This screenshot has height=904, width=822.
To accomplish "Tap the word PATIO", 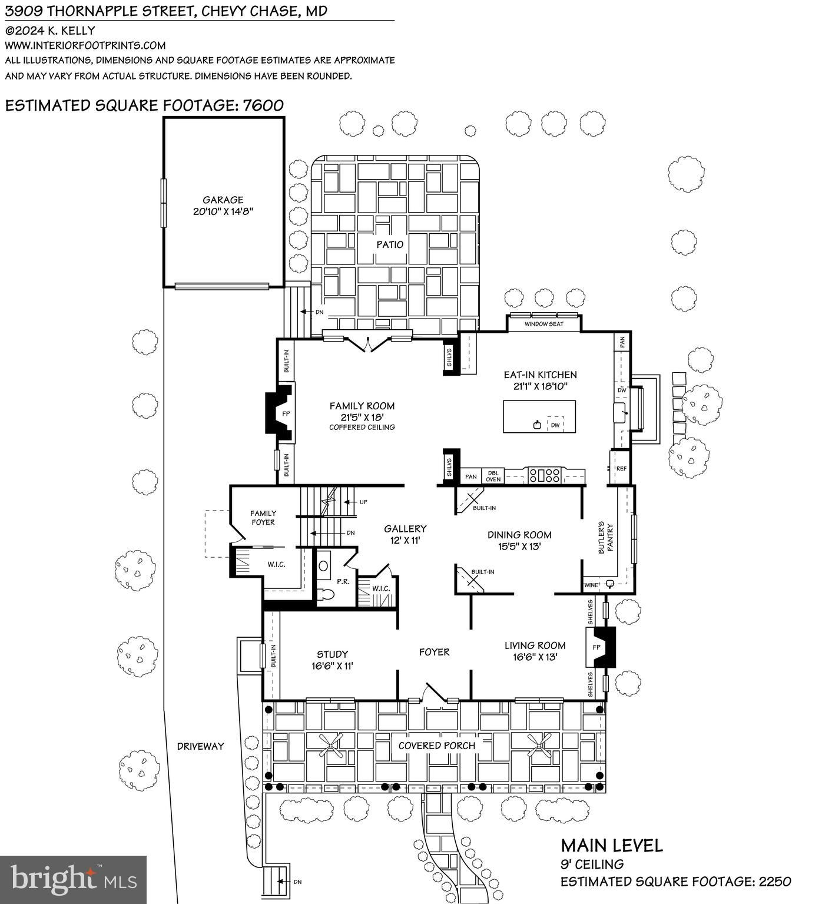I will [390, 244].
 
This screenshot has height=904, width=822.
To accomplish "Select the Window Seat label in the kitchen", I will [543, 324].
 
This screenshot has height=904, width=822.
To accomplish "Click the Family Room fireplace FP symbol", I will [286, 414].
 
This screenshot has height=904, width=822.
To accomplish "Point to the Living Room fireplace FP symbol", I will [596, 647].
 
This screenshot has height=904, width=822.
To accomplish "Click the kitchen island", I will [539, 416].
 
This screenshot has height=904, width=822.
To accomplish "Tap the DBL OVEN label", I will [493, 476].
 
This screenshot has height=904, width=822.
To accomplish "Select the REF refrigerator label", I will [621, 469].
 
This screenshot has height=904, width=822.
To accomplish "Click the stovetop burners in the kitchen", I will [545, 475].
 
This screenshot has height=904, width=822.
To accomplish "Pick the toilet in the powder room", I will [324, 594].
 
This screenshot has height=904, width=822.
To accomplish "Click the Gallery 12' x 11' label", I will [405, 534].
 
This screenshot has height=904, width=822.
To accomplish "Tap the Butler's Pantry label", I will [606, 537].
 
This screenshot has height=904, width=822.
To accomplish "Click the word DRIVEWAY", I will [200, 746].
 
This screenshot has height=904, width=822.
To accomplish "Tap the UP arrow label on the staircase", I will [363, 502].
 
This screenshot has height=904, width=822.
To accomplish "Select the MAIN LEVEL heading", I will [611, 846].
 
